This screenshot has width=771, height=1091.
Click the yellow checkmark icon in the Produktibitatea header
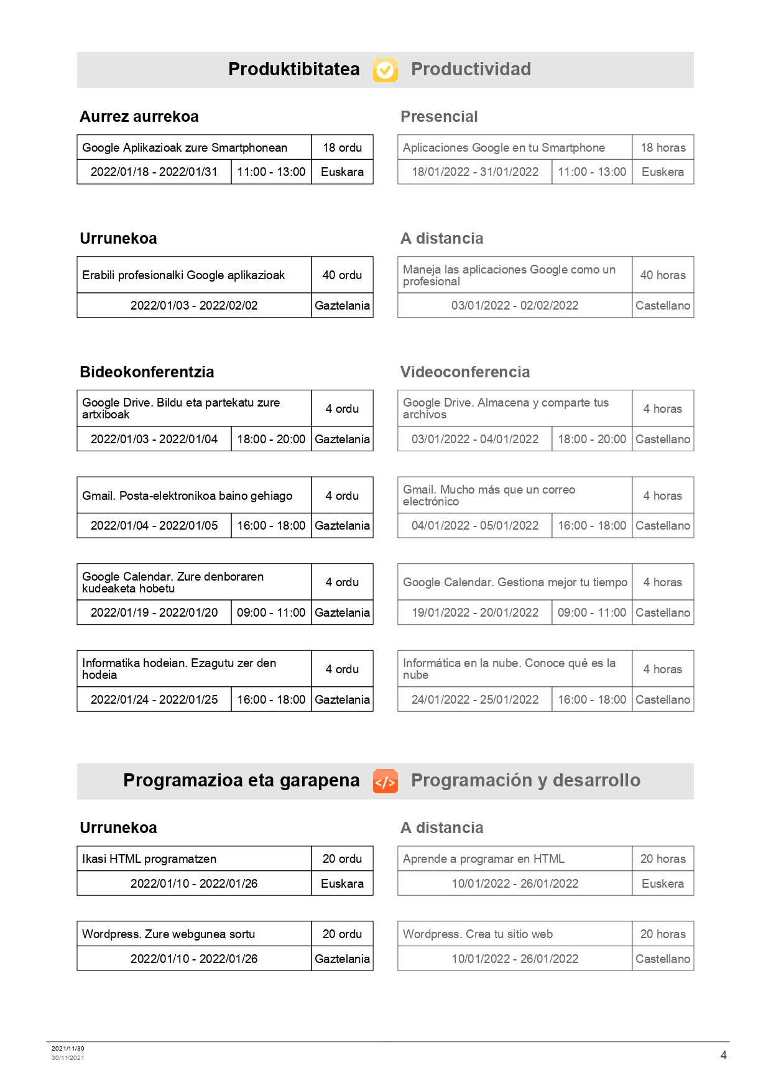[385, 70]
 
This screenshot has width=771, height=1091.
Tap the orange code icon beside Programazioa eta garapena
[385, 781]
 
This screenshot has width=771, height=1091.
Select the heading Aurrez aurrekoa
[139, 117]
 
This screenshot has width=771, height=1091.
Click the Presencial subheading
[439, 117]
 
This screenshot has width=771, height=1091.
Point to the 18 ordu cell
[342, 148]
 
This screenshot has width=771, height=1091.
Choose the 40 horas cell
[663, 275]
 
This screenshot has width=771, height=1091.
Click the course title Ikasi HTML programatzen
[149, 859]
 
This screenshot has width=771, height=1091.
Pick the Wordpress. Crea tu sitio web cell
[478, 934]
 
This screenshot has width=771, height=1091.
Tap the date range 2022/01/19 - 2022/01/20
[154, 613]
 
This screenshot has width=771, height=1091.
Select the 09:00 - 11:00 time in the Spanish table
[592, 613]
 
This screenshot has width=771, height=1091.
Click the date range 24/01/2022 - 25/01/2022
[475, 700]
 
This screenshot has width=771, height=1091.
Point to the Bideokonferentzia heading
[147, 372]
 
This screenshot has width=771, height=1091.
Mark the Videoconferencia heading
[465, 372]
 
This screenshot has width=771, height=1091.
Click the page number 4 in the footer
[723, 1056]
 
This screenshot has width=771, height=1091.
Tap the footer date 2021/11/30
[68, 1049]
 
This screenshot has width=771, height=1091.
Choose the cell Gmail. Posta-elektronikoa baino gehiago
[187, 496]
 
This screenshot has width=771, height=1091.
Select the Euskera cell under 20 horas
[663, 884]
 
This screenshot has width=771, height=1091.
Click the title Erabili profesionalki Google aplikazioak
[183, 275]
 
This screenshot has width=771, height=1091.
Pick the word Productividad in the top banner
[471, 70]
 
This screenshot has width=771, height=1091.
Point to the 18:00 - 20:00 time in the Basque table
[271, 440]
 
